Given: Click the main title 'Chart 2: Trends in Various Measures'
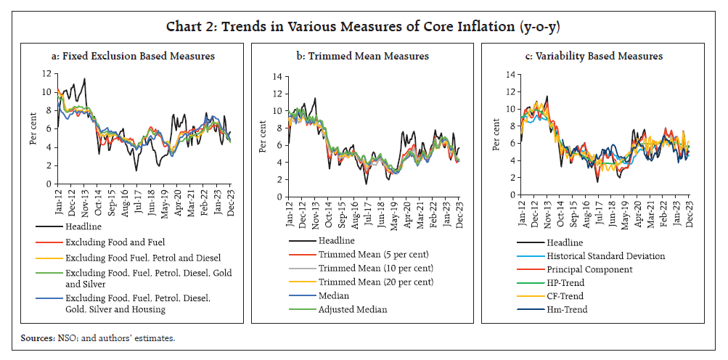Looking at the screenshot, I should pos(364,27).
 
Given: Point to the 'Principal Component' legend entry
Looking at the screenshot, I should pos(589,269).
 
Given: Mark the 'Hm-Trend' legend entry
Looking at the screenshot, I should pos(570,310).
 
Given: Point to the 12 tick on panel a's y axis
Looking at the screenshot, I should pos(46,73).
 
